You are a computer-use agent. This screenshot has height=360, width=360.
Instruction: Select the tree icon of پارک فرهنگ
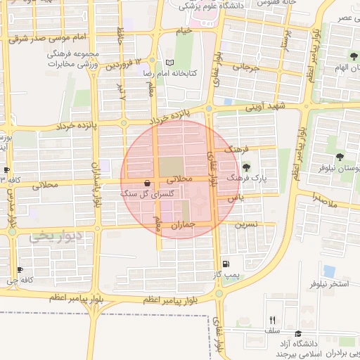(x=246, y=167)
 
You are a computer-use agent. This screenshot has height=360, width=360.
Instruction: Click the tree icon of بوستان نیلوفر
(x=341, y=157)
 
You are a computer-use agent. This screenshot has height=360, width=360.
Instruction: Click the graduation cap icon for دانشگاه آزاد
(x=299, y=333)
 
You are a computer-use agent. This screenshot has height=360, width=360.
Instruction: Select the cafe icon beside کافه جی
(x=20, y=269)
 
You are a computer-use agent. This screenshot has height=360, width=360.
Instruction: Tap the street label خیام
(x=184, y=32)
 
